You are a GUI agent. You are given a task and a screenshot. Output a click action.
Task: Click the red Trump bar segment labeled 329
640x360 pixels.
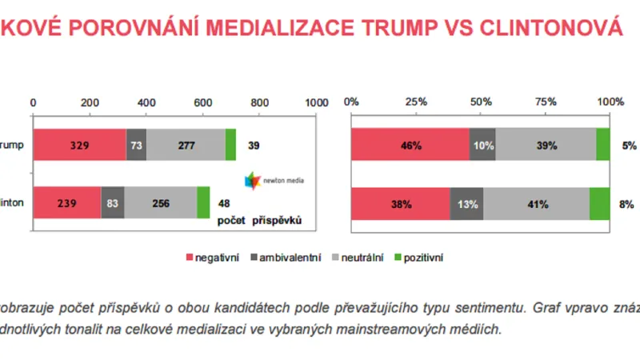79,146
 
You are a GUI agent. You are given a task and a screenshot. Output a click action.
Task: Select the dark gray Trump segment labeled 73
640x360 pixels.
136,146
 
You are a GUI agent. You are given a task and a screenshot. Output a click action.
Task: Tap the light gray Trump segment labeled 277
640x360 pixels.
186,146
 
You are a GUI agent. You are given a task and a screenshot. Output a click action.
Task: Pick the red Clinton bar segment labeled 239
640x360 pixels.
66,203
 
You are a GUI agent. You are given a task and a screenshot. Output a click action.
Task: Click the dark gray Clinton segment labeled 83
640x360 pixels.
113,203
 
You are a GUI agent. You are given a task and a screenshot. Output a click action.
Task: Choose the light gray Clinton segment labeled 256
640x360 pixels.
161,203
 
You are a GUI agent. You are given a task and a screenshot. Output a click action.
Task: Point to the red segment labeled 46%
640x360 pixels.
410,146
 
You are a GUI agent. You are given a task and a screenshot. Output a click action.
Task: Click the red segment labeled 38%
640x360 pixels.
400,203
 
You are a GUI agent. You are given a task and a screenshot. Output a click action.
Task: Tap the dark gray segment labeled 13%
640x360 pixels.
466,203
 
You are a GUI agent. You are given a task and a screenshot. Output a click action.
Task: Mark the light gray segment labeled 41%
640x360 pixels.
536,203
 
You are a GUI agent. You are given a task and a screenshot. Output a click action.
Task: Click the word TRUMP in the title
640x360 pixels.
410,28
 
